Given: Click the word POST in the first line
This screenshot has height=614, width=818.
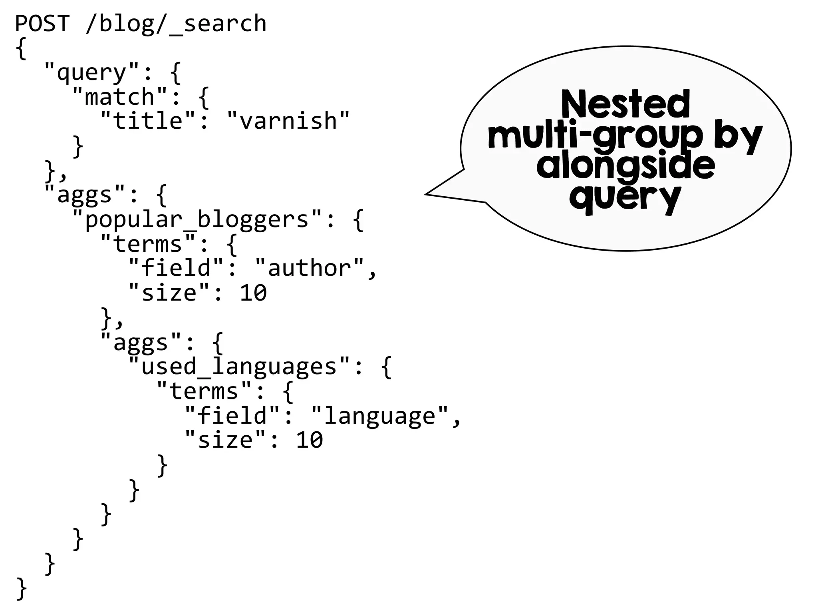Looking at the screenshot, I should [42, 23].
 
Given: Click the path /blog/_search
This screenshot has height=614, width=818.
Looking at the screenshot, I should [176, 23].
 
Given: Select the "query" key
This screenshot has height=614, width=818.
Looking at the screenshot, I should [91, 72].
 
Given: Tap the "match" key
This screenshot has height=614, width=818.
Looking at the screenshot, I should [119, 97].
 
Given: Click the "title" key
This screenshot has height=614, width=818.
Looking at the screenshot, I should [148, 121].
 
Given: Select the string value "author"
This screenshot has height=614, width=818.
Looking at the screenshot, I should [310, 268].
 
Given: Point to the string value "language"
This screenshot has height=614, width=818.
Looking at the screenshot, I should [379, 416].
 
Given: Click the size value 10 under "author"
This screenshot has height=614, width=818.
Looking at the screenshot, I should [253, 293].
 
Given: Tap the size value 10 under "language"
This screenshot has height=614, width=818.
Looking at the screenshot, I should [310, 440].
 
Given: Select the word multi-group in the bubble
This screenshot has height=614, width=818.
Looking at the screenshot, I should [595, 136].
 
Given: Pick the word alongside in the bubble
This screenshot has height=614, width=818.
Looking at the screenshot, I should [625, 166].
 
